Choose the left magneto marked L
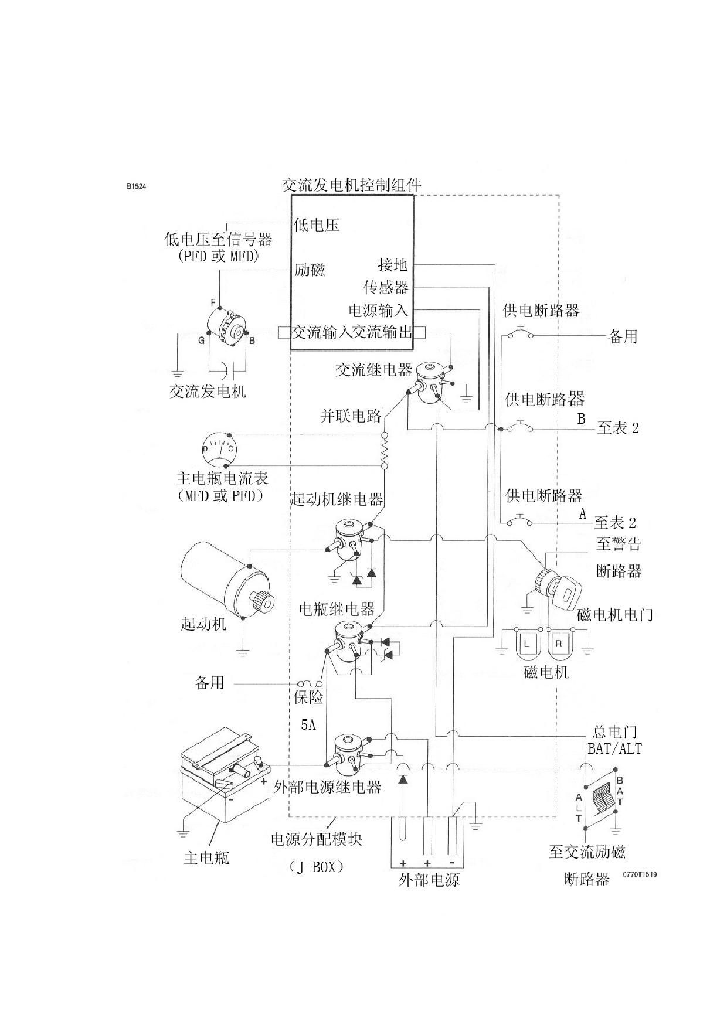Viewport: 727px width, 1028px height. [527, 644]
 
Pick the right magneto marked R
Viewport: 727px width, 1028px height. [559, 644]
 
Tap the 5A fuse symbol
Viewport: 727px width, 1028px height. [310, 683]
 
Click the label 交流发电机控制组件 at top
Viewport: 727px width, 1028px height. [352, 185]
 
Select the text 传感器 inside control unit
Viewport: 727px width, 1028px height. [386, 287]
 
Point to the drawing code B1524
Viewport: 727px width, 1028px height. [135, 186]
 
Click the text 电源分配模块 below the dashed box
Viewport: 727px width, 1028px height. [317, 839]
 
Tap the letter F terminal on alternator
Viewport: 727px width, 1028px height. [213, 302]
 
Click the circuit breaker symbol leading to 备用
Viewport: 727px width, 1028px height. [520, 334]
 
